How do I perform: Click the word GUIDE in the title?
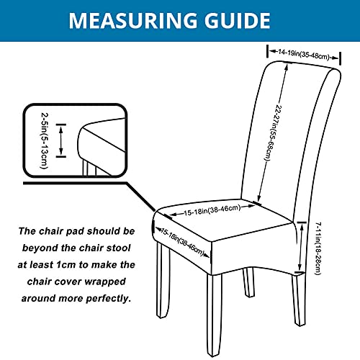tap(238, 21)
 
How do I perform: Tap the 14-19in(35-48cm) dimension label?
tap(304, 55)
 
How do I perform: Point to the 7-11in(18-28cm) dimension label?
tap(318, 248)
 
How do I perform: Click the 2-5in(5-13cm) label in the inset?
tap(45, 141)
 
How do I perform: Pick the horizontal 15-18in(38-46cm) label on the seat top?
tap(212, 210)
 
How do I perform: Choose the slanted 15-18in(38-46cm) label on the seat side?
tap(182, 243)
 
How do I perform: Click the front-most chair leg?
tap(214, 315)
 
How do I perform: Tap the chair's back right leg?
tap(299, 300)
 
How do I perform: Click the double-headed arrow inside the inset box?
tap(61, 140)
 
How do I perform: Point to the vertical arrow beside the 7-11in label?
tap(301, 247)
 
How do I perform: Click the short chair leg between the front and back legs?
tap(248, 282)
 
